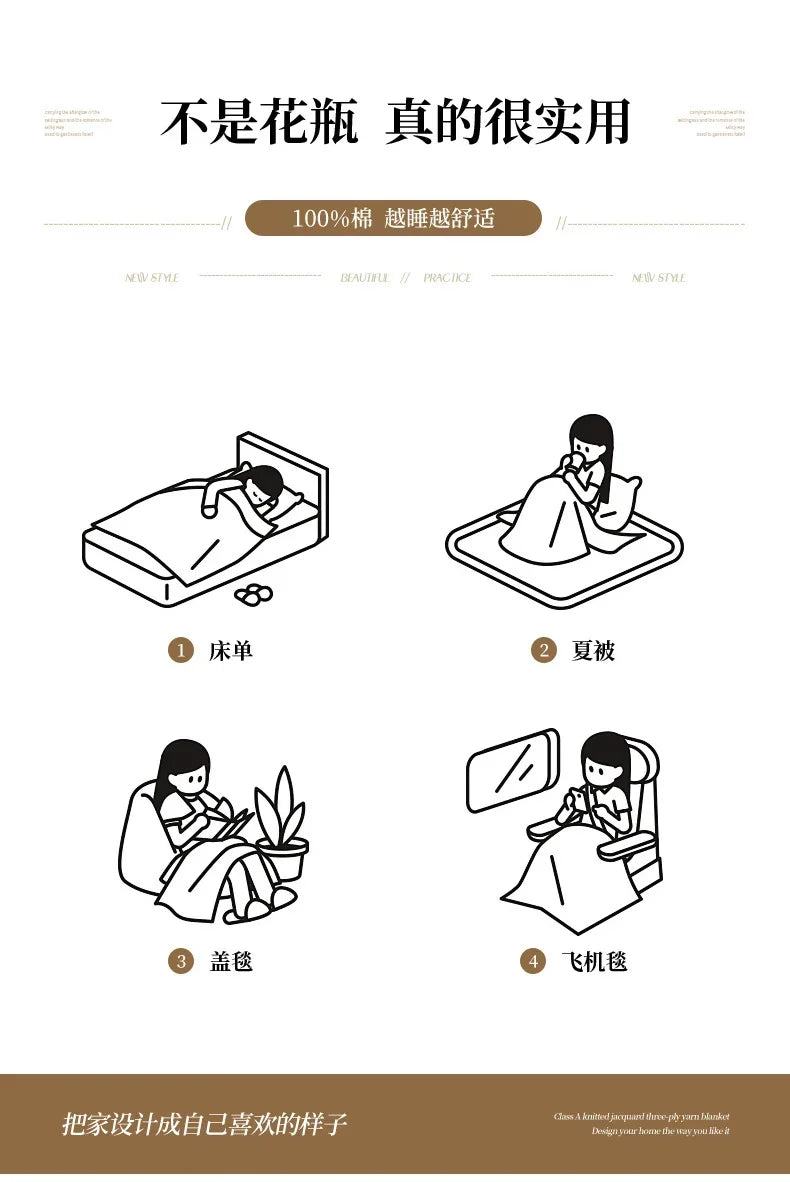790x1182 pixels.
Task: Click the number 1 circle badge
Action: [x=180, y=651]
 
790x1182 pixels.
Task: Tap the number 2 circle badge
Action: [x=543, y=651]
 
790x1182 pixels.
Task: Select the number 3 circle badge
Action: [x=180, y=962]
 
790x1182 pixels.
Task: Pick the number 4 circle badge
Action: [x=533, y=962]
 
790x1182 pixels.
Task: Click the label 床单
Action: [x=231, y=651]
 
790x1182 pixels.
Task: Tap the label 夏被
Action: [x=593, y=651]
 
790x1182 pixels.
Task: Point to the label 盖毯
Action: [x=231, y=962]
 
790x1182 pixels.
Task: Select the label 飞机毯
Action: [x=594, y=962]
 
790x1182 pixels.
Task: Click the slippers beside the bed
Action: [x=253, y=594]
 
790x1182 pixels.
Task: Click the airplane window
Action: [x=511, y=770]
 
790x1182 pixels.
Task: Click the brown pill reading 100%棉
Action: [x=393, y=218]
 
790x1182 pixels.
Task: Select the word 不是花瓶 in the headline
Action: [x=259, y=123]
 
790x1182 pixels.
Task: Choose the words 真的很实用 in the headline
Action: [x=507, y=123]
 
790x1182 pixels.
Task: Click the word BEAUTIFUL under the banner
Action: [x=365, y=278]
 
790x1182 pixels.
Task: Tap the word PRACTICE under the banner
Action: [x=447, y=278]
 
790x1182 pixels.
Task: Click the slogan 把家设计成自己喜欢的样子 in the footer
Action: [x=204, y=1124]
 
